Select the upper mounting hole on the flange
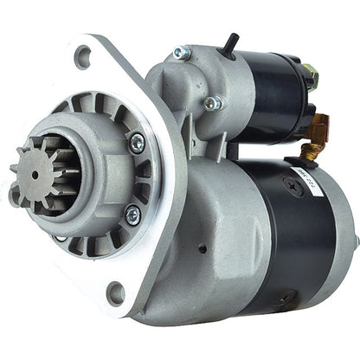coord(83,57)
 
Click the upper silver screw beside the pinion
coord(136,145)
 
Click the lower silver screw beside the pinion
coord(132,214)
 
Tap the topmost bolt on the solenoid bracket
coord(182,53)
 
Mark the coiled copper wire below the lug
coord(309,150)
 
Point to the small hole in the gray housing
coord(202,248)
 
